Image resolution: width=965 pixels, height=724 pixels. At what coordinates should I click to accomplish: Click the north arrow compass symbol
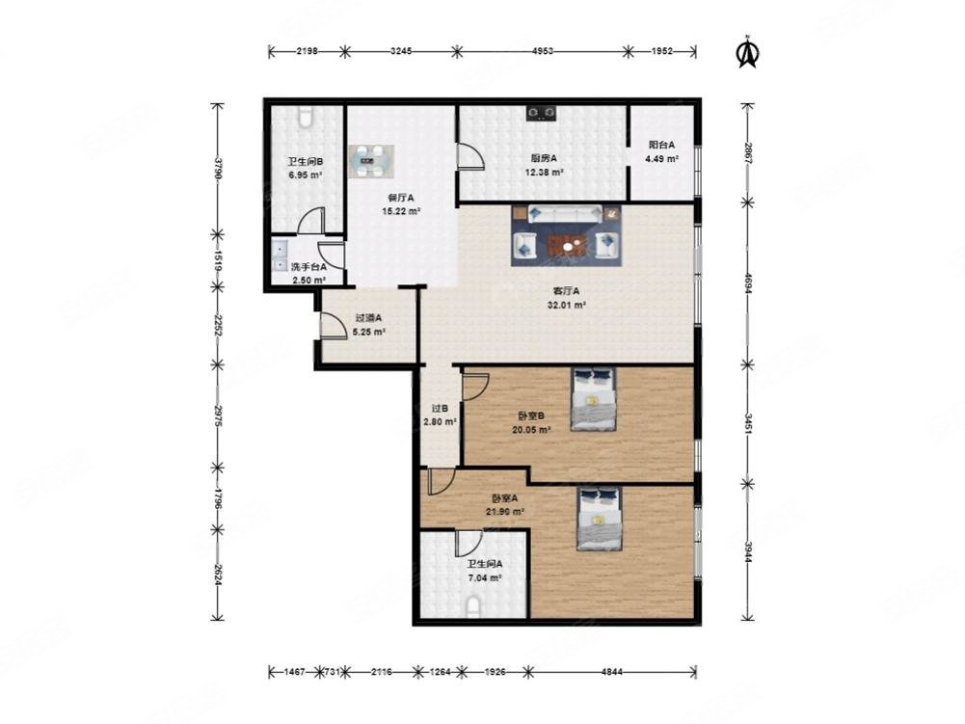point(748,52)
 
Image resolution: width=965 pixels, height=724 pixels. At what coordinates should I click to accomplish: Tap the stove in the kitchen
point(542,114)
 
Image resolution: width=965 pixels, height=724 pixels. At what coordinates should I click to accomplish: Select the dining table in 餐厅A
point(371,161)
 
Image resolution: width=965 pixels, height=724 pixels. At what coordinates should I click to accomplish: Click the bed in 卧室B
point(593,399)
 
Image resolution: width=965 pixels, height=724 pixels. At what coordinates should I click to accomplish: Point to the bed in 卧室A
point(600,519)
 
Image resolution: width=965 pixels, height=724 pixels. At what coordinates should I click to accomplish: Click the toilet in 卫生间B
point(306,117)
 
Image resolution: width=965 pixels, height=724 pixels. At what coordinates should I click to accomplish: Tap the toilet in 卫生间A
point(473,608)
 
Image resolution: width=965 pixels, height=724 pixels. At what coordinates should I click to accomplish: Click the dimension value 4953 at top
point(542,51)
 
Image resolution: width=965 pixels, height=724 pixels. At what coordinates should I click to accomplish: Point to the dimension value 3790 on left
point(217,169)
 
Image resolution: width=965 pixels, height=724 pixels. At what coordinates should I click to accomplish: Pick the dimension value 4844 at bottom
point(611,672)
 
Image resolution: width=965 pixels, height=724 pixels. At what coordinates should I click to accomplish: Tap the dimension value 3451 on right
point(748,424)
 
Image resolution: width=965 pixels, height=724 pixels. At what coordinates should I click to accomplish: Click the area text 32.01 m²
point(566,305)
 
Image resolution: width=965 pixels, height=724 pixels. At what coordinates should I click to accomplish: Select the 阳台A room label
point(661,146)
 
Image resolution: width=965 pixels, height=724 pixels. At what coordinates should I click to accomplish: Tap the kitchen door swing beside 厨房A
point(469,155)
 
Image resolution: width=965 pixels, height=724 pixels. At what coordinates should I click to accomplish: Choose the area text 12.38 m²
point(544,173)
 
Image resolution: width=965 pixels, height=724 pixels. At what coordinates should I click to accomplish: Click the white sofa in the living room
point(565,213)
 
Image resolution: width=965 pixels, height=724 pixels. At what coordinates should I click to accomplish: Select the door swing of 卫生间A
point(469,543)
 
